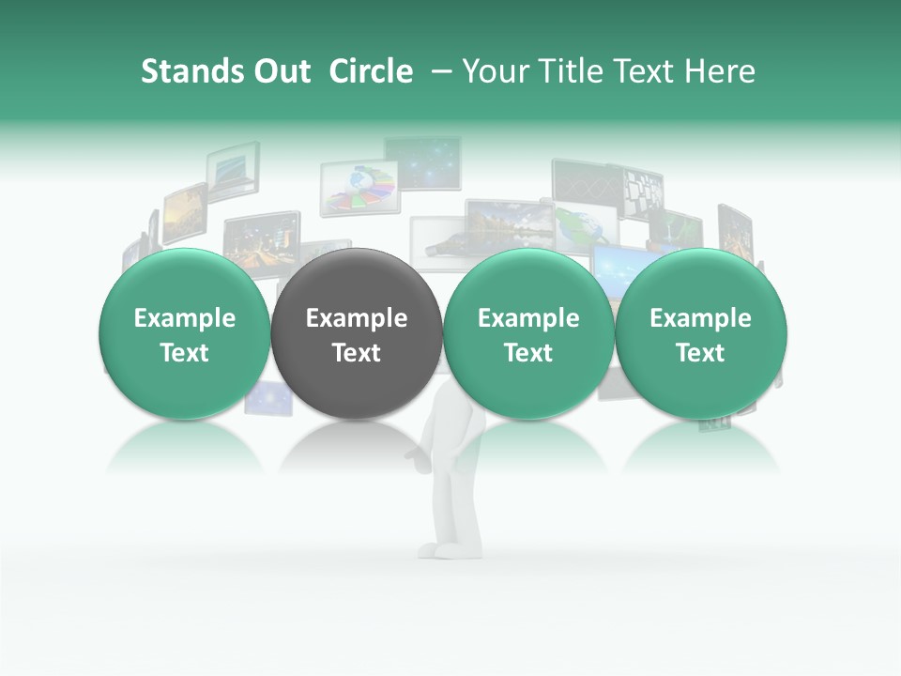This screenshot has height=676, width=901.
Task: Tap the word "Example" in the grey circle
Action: (x=357, y=318)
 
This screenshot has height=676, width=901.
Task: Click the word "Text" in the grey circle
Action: (x=357, y=353)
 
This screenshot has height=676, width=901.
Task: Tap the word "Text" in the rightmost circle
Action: (x=701, y=353)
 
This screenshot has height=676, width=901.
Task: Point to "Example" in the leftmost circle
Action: (x=185, y=318)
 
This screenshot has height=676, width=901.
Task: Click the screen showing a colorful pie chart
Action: (x=361, y=187)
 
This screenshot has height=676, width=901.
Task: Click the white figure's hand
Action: (x=414, y=456)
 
